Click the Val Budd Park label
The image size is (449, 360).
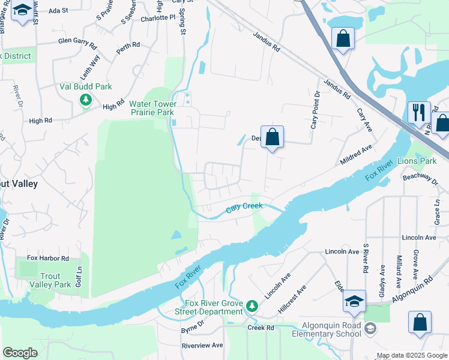click(x=86, y=86)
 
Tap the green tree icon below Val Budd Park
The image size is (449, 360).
click(x=86, y=100)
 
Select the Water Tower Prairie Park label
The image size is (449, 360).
click(x=152, y=108)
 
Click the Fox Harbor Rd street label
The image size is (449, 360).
click(x=48, y=258)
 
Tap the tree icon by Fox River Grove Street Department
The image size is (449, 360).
click(x=252, y=307)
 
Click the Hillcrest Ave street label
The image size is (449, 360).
click(x=292, y=299)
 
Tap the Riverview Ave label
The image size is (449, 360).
click(x=202, y=346)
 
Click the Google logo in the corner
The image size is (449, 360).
click(x=20, y=353)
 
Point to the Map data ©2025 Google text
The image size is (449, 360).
click(x=412, y=356)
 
